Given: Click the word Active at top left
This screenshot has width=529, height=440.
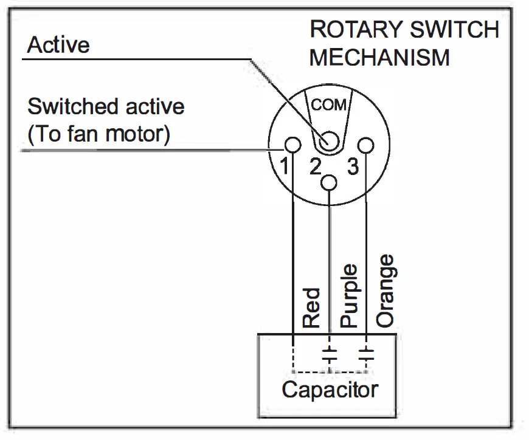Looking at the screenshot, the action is tap(58, 45).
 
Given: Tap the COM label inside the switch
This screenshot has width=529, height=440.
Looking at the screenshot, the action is tap(328, 105).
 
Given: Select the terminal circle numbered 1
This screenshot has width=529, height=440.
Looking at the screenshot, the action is tap(292, 145).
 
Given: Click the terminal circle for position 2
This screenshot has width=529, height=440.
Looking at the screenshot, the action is tap(328, 183).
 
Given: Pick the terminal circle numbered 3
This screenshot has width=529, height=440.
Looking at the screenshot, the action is tap(365, 146).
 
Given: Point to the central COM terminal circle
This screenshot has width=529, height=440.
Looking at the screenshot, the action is tap(328, 141).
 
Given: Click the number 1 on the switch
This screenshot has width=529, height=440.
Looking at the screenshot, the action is tap(285, 166).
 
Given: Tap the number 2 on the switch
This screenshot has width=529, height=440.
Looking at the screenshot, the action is tap(315, 166).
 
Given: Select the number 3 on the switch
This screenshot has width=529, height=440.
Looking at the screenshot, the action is tap(353, 167).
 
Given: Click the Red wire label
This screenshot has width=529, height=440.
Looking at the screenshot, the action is tap(311, 308).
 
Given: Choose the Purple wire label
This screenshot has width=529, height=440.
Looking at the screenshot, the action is tap(349, 296).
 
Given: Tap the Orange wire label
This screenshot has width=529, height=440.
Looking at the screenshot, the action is tap(385, 290).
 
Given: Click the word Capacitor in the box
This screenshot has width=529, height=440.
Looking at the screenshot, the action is tap(330, 390).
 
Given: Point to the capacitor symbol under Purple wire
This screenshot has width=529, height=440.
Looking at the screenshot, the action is tap(330, 355).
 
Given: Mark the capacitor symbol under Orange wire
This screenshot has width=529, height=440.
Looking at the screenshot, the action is tap(366, 355).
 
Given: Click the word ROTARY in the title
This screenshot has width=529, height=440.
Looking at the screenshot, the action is tap(356, 29).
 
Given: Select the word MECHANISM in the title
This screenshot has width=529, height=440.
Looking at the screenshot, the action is tap(380, 58).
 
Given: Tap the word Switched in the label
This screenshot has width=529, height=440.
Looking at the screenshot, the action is tap(74, 106).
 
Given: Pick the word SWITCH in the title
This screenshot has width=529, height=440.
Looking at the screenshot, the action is tap(454, 29).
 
